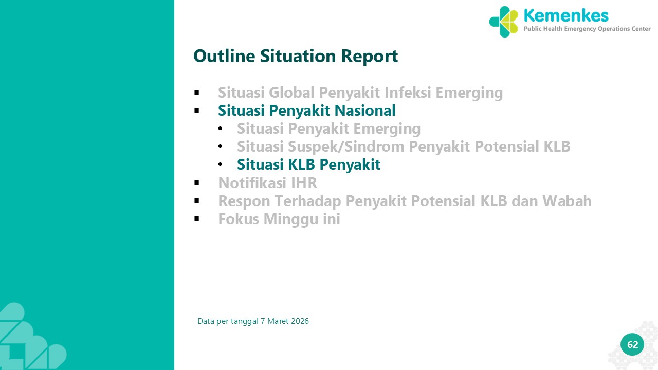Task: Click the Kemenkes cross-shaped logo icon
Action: point(503,22)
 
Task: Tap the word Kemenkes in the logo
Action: point(566,15)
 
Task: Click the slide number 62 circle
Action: point(632,344)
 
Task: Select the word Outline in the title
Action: point(224,56)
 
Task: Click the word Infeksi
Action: point(408,92)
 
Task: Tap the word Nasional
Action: point(365,110)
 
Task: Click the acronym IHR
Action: point(304,183)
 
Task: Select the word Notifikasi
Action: point(252,182)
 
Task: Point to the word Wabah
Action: point(566,201)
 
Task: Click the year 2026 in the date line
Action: point(300,321)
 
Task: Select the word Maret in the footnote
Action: point(278,321)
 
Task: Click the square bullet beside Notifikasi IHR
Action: point(197,183)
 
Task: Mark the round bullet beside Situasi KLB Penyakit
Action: point(221,164)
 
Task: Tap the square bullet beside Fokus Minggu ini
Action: point(197,219)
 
